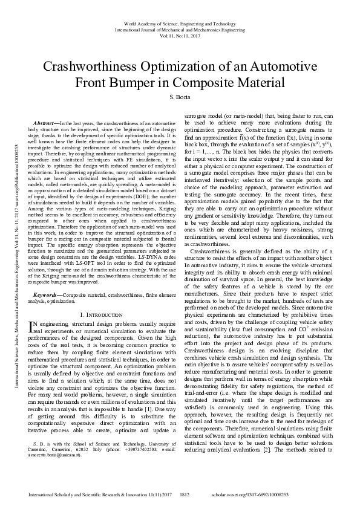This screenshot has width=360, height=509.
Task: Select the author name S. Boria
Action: [180, 97]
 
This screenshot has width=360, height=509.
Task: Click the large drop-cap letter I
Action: [33, 327]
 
